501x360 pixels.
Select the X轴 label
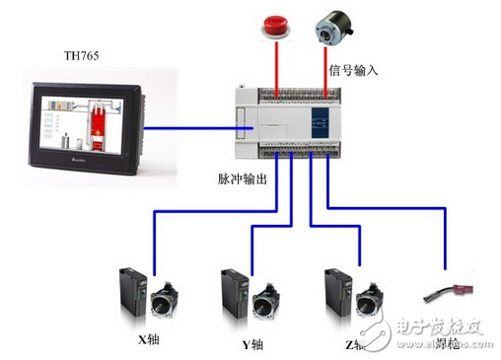point(149,344)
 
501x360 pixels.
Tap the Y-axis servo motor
point(267,302)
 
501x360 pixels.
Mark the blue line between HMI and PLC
point(188,125)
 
